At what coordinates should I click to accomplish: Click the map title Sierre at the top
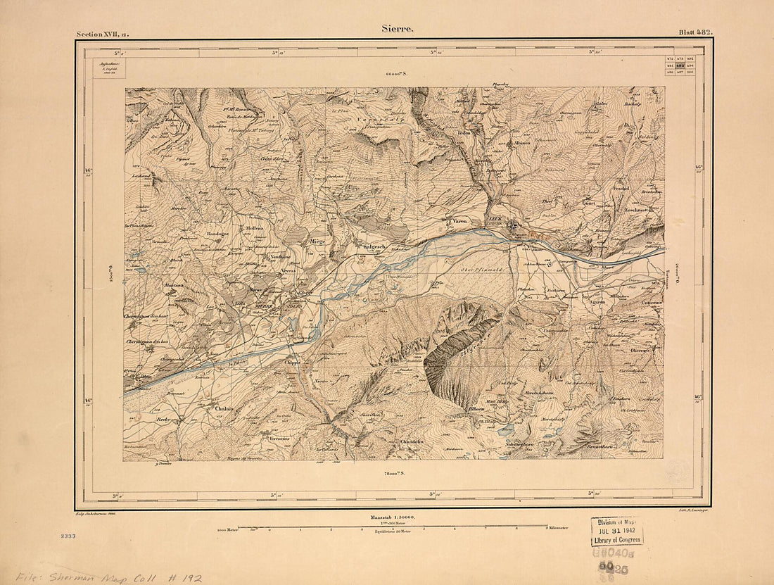398,29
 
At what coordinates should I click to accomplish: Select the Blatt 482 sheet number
695,32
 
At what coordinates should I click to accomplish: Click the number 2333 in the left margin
68,536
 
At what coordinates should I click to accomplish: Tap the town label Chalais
224,408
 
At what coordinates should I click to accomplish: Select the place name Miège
317,241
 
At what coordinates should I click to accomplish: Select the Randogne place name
217,233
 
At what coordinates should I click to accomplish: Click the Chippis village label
293,363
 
